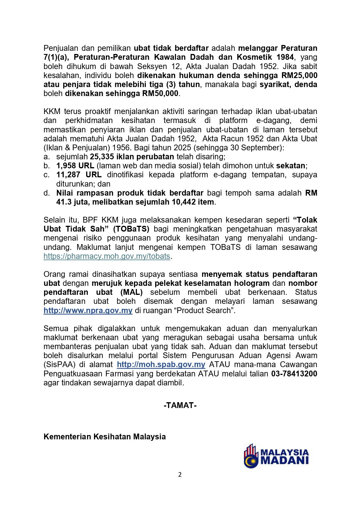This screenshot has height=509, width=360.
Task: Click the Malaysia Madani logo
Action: tap(276, 456)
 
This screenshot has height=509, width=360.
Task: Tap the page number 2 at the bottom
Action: tap(180, 475)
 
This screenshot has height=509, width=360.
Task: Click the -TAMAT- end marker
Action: tap(180, 405)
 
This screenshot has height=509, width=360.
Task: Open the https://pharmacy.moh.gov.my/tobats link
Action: tap(107, 256)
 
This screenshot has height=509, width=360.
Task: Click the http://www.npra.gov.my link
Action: tap(88, 310)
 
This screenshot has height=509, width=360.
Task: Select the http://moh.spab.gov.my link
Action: tap(161, 364)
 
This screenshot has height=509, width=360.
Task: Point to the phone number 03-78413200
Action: tap(294, 374)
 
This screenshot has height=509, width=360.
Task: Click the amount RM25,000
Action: tap(299, 75)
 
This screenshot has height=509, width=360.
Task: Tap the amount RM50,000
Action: tap(160, 93)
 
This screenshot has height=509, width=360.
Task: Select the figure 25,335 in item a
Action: tap(102, 157)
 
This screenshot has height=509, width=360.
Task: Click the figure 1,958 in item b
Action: tap(67, 166)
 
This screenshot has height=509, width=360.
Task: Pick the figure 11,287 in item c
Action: tap(68, 175)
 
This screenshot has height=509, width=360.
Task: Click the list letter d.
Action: tap(46, 193)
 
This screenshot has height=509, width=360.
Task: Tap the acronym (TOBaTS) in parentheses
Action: tap(131, 229)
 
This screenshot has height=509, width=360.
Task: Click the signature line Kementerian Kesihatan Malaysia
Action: tap(104, 437)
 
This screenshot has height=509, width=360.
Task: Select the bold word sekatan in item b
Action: tap(291, 166)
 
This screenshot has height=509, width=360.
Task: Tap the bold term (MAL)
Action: tap(131, 292)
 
